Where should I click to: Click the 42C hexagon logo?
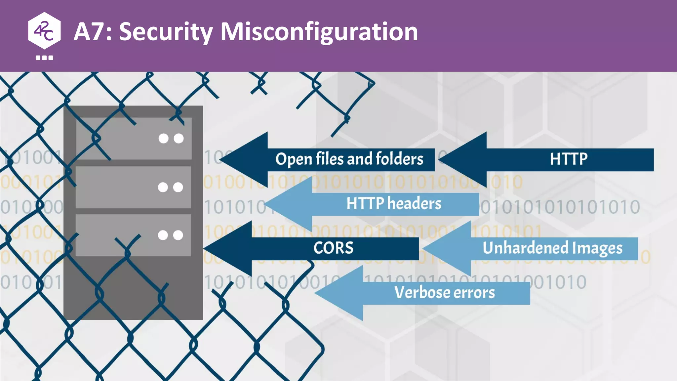[44, 31]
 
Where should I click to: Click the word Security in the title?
[166, 32]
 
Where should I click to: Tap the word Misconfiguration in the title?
[319, 32]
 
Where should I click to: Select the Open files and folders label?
[349, 159]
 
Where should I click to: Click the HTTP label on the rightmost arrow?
[569, 159]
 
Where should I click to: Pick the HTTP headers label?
[394, 203]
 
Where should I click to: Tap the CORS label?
[333, 248]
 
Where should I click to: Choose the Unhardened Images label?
[552, 248]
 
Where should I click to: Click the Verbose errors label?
[445, 293]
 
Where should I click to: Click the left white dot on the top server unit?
[163, 138]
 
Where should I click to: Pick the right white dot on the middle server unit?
[178, 187]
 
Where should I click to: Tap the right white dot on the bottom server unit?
[178, 235]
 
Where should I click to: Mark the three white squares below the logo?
[44, 58]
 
